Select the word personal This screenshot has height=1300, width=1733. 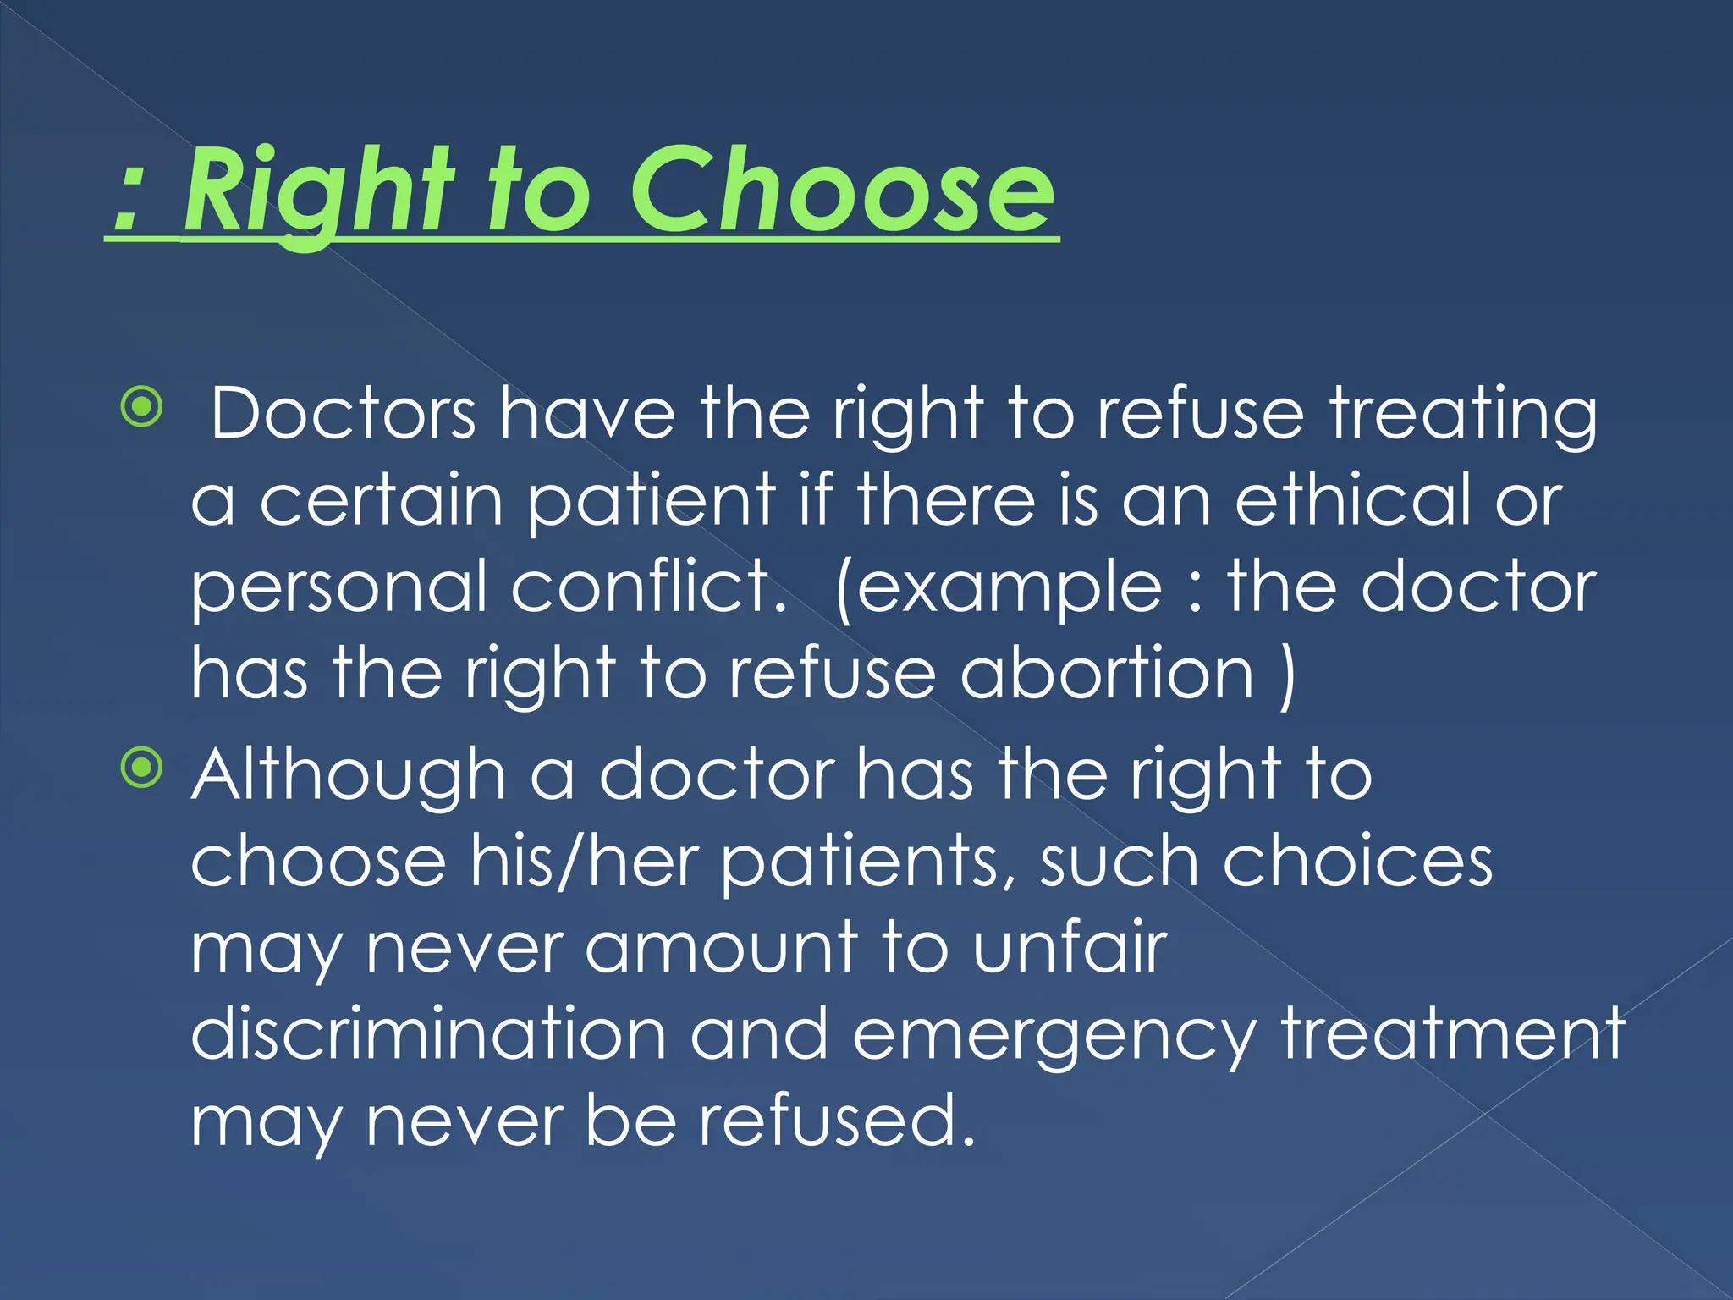pos(338,588)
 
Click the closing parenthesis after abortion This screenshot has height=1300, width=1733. pos(1287,675)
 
